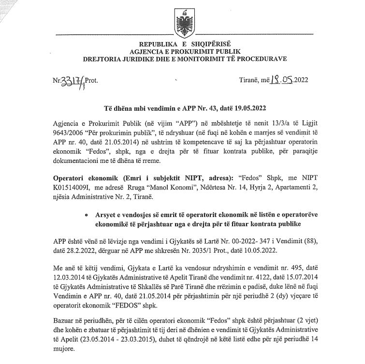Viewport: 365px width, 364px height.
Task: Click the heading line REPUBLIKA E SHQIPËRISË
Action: [x=182, y=44]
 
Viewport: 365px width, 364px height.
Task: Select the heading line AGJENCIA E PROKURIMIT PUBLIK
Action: [x=182, y=52]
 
